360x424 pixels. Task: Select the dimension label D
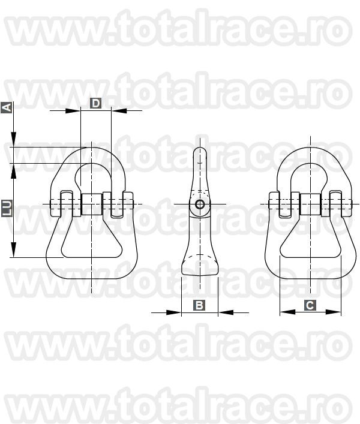pyautogui.click(x=95, y=104)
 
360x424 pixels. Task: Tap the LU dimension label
pyautogui.click(x=7, y=208)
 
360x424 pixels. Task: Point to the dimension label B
pyautogui.click(x=199, y=305)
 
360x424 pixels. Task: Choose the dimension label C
pyautogui.click(x=310, y=305)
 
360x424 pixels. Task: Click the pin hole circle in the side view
pyautogui.click(x=199, y=205)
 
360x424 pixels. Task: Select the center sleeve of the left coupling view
pyautogui.click(x=91, y=205)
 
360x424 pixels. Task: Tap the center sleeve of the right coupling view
pyautogui.click(x=310, y=205)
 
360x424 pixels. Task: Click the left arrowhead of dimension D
pyautogui.click(x=76, y=110)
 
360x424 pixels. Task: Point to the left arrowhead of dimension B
pyautogui.click(x=177, y=312)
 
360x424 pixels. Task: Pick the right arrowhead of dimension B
pyautogui.click(x=223, y=312)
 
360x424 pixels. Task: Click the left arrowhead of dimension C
pyautogui.click(x=283, y=312)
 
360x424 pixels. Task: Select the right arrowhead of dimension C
pyautogui.click(x=337, y=312)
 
